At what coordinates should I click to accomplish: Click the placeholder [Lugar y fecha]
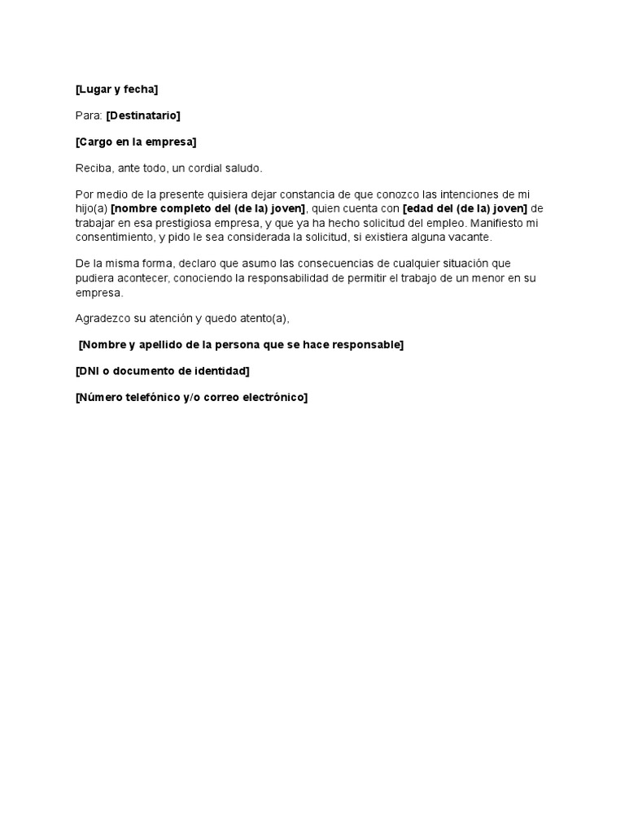pos(116,89)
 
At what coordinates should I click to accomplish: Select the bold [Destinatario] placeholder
pos(143,116)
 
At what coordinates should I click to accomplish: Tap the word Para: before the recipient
pos(89,116)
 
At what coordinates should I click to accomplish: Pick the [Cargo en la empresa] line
pos(136,142)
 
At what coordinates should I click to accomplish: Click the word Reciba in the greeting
pos(92,168)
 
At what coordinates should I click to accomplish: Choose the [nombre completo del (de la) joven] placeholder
pos(208,208)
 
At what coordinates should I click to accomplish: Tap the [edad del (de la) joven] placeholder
pos(465,208)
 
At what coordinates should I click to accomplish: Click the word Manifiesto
pos(506,222)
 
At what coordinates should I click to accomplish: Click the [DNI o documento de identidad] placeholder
pos(162,371)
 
